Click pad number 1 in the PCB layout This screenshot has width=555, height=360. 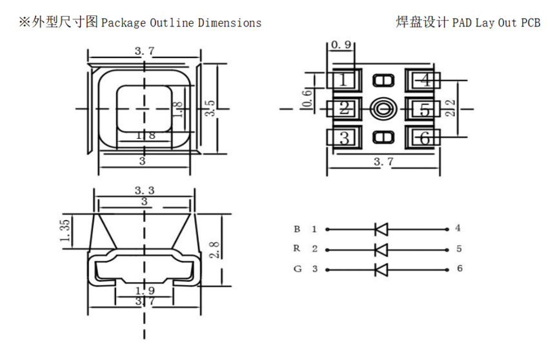tap(343, 80)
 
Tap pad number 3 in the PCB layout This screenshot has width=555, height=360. tap(344, 137)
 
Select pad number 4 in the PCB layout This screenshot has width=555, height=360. tap(424, 80)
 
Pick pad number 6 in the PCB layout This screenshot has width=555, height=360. tap(424, 137)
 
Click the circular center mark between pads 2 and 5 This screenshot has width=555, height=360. tap(384, 108)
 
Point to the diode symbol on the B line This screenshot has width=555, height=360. tap(381, 228)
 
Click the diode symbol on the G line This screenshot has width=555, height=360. tap(381, 269)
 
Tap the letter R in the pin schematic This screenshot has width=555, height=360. tap(297, 248)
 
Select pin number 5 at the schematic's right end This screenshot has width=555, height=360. tap(459, 248)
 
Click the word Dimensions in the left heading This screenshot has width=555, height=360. tap(230, 23)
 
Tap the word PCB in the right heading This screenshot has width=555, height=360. tap(530, 23)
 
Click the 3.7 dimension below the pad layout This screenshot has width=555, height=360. tap(383, 163)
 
